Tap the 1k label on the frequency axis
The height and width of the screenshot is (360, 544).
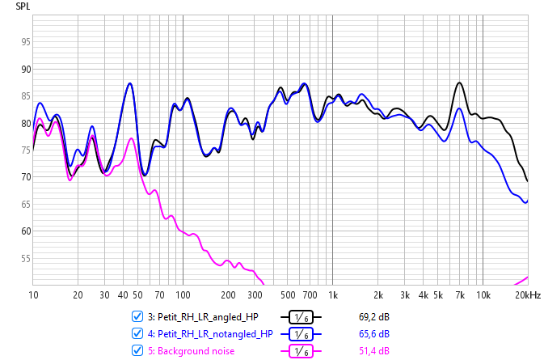[332, 295]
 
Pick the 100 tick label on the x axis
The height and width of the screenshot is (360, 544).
[183, 295]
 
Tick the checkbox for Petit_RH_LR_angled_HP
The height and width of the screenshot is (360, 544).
[137, 316]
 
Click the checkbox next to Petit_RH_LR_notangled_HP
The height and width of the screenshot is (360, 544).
[137, 333]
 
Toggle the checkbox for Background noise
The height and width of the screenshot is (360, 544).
[137, 350]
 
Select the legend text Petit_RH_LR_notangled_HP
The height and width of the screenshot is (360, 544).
[213, 333]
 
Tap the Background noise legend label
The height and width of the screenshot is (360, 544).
[191, 350]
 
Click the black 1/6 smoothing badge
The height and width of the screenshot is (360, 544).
[301, 317]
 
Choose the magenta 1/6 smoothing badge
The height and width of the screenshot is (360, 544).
[301, 351]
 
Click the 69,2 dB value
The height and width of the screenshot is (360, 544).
[374, 316]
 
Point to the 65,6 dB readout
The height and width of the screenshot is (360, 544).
[374, 333]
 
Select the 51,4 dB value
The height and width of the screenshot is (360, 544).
[374, 350]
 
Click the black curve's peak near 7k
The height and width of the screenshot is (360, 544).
[459, 83]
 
